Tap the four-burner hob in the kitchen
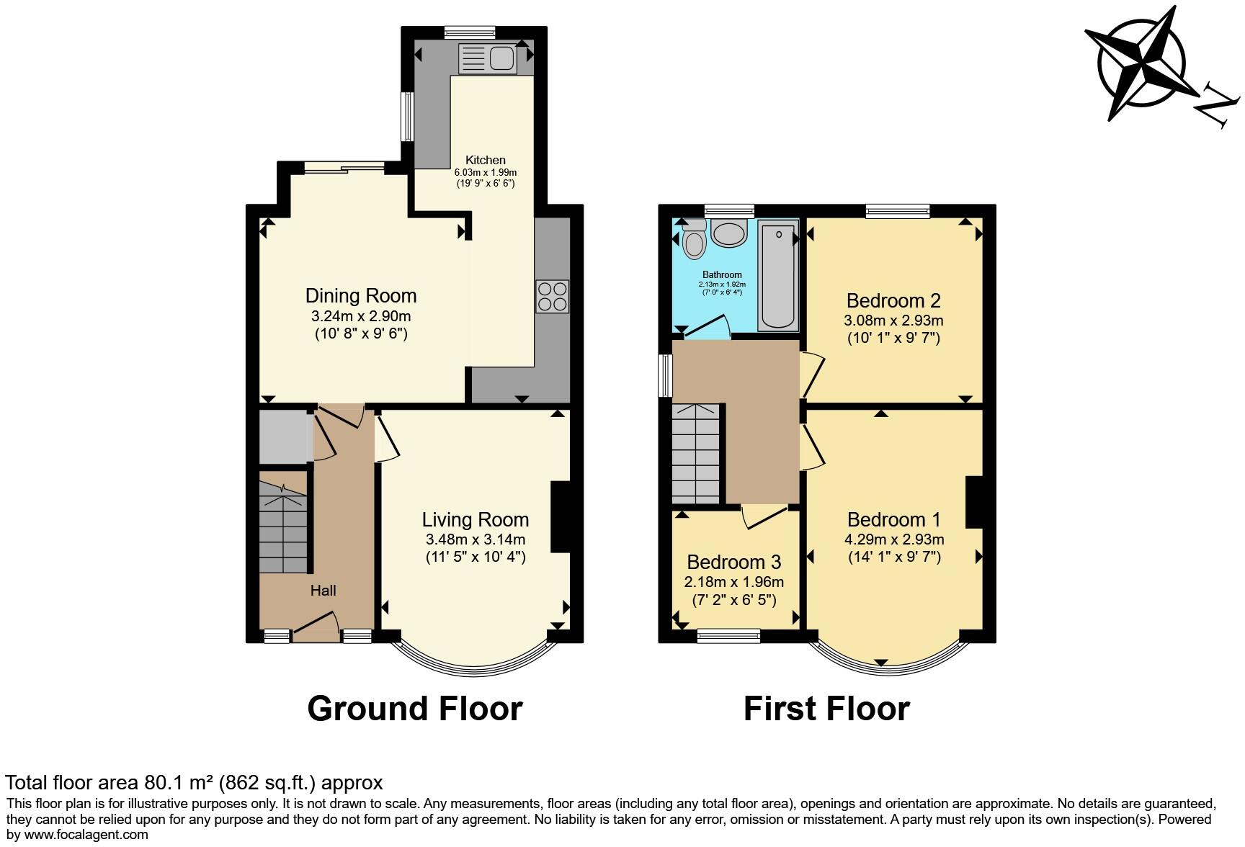552,296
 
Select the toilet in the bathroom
695,243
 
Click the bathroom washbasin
729,233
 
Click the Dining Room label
361,296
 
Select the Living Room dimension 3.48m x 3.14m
475,539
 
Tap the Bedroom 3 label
733,562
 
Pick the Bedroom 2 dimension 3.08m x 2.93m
893,321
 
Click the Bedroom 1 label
893,519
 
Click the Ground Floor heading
414,709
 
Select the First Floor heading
826,709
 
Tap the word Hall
323,591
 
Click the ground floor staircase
283,526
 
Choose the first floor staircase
695,454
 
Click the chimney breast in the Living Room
560,516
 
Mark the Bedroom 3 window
728,635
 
